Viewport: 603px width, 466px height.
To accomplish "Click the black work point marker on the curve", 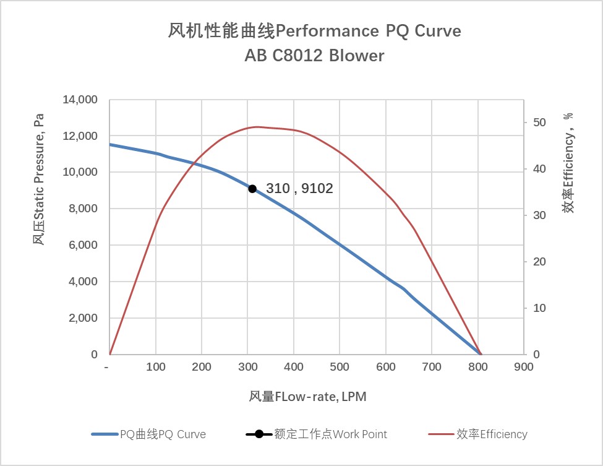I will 252,189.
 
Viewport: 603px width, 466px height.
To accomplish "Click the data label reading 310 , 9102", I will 299,189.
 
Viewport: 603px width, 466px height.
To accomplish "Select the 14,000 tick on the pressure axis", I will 80,100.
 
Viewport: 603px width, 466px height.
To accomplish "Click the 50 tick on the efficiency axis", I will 539,123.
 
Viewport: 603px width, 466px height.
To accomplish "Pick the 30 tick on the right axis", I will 539,215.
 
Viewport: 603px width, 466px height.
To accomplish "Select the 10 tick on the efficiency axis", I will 539,308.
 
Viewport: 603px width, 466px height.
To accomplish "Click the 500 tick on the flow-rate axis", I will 340,367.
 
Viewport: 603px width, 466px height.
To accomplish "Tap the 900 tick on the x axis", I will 523,367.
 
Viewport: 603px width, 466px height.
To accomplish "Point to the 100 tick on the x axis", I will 155,367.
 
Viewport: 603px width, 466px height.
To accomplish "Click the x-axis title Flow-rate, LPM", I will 307,397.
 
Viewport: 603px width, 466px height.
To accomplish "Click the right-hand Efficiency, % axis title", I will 568,163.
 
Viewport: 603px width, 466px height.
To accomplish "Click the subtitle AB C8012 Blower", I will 314,56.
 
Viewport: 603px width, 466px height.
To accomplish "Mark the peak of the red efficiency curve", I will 257,127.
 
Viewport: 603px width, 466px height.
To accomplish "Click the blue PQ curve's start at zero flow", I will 110,145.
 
